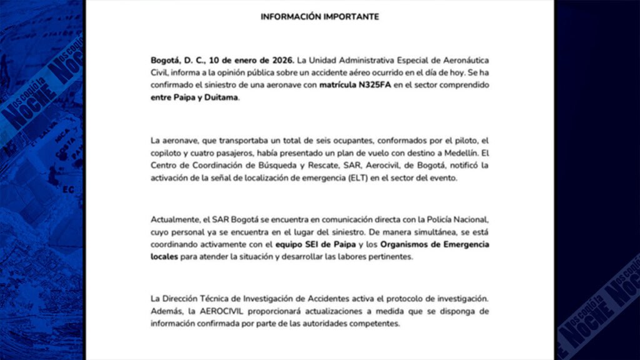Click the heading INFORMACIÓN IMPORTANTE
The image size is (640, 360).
319,17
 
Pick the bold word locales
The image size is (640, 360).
164,257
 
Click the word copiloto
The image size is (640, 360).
169,152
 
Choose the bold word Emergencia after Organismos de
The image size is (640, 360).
463,244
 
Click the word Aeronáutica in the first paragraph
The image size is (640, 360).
463,60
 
